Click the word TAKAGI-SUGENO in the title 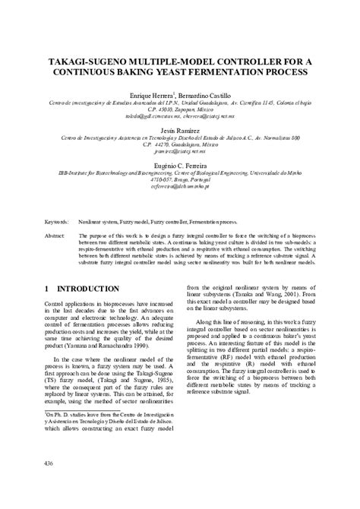[90, 58]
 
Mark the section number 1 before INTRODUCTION [47, 289]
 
